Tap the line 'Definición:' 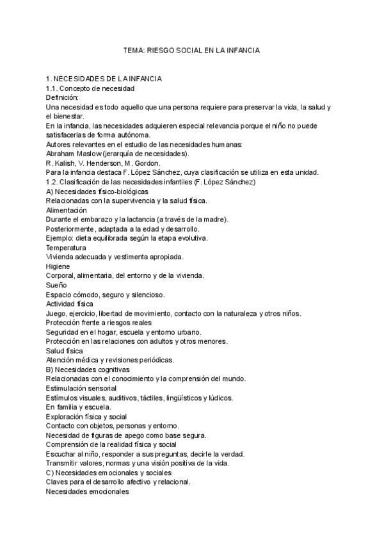[x=62, y=97]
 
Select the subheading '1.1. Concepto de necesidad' [x=90, y=88]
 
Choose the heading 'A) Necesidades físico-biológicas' [x=97, y=191]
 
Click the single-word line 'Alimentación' [x=67, y=210]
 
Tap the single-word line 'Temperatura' [x=66, y=247]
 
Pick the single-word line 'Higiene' [x=58, y=266]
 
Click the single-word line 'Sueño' [x=56, y=285]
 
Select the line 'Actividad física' [x=70, y=304]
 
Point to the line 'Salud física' [x=64, y=351]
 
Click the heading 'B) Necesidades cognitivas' [x=88, y=369]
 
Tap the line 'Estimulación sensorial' [x=81, y=388]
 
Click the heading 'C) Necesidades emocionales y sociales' [x=108, y=473]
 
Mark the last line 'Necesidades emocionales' [x=88, y=492]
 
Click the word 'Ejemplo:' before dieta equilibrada [x=61, y=238]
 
